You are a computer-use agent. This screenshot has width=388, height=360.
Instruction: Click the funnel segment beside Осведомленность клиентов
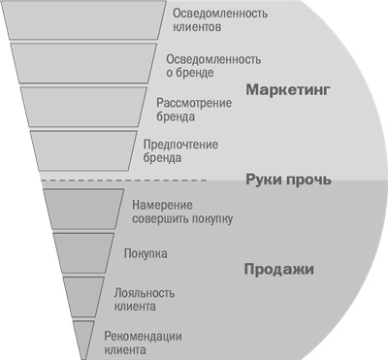tap(82, 20)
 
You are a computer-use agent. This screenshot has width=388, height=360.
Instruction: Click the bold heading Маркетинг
tap(288, 90)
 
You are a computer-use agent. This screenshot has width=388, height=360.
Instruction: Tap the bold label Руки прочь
tap(289, 180)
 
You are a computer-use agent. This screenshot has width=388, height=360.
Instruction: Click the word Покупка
tap(146, 253)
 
